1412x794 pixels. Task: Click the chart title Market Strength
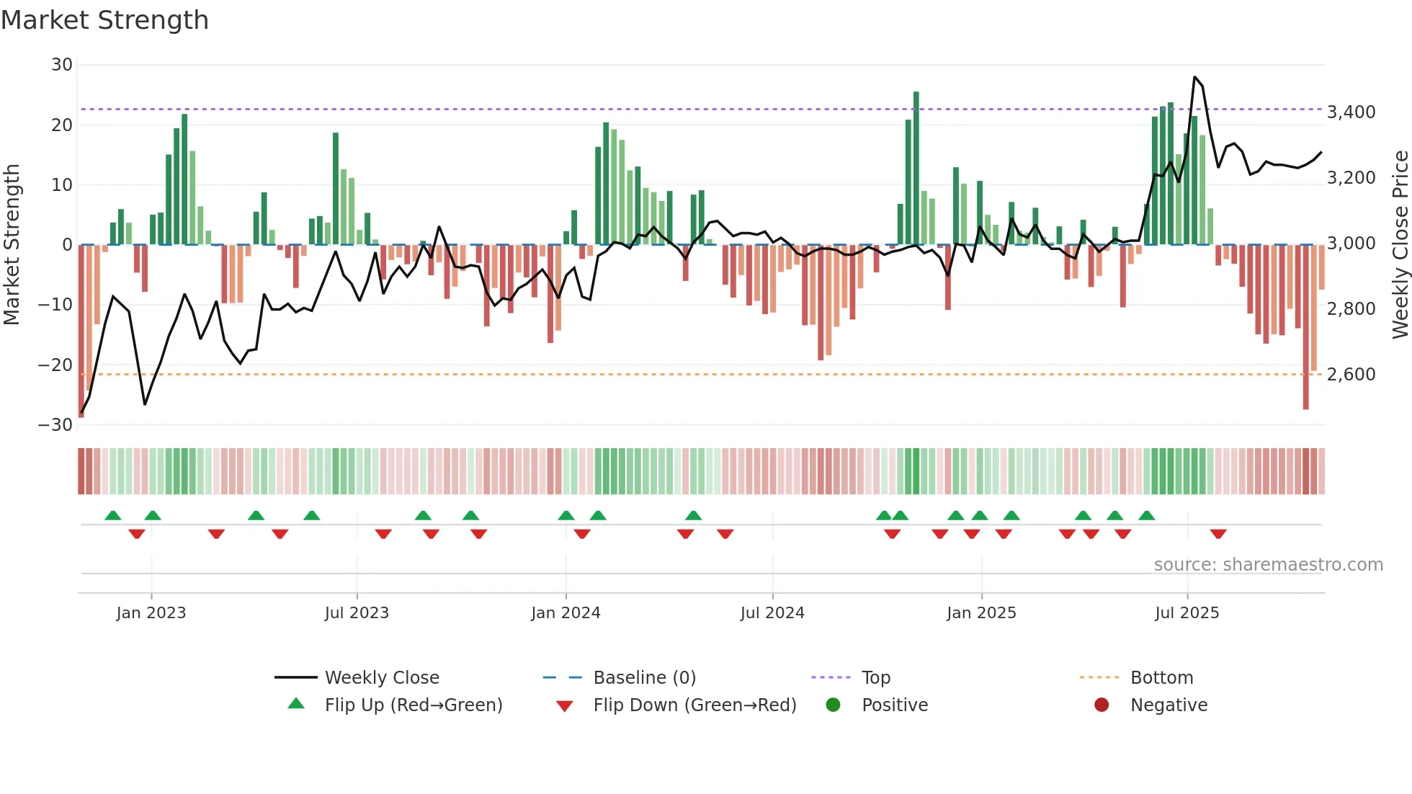click(104, 20)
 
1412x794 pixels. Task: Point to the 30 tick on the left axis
click(62, 65)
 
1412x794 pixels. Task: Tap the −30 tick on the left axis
click(55, 425)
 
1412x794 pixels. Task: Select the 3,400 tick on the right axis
click(1351, 112)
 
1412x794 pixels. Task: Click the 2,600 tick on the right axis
click(1351, 375)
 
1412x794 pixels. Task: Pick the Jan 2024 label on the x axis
click(566, 613)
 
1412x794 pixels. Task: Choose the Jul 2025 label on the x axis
click(1187, 613)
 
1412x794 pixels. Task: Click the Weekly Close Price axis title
click(1400, 245)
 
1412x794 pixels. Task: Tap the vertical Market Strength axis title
click(12, 245)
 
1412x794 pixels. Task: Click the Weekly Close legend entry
click(382, 678)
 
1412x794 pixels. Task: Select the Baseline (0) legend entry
click(644, 678)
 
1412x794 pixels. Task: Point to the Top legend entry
click(876, 678)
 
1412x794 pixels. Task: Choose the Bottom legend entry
click(1161, 678)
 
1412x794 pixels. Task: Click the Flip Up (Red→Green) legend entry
click(413, 705)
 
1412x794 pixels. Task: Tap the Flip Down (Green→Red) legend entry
click(694, 705)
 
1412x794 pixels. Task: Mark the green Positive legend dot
click(833, 705)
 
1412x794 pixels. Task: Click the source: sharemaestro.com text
click(1268, 565)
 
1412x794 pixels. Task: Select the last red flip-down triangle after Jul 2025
click(1218, 534)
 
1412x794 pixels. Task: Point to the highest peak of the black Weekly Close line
click(1194, 77)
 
